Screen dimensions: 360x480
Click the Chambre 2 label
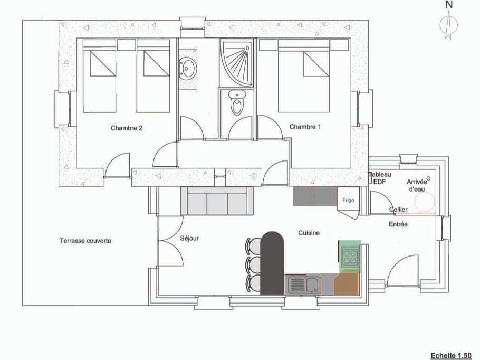[x=127, y=128]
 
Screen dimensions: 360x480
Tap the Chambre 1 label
[x=305, y=127]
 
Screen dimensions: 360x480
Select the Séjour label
[x=189, y=238]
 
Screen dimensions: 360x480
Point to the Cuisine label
[x=309, y=232]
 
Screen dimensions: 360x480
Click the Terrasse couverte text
[x=85, y=241]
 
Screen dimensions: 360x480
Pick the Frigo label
[x=348, y=200]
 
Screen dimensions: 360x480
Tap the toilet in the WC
[x=237, y=103]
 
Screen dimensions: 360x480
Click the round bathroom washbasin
[x=187, y=68]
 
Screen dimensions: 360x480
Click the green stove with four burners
[x=349, y=257]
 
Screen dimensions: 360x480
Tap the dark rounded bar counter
[x=273, y=262]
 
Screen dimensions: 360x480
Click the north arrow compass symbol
[x=449, y=24]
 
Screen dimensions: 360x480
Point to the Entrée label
[x=399, y=224]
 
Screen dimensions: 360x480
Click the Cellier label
[x=398, y=210]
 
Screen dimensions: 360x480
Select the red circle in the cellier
[x=424, y=201]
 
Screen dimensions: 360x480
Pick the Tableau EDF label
[x=379, y=178]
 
